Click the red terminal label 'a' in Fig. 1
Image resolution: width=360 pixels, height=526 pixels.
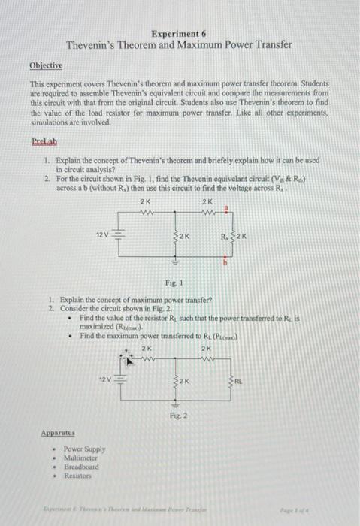pos(227,213)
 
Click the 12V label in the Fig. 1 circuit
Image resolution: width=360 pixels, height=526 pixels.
pos(102,236)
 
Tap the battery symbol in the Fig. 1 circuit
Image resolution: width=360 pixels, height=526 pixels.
pos(116,236)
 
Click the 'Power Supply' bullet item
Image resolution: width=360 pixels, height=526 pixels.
pos(83,449)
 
